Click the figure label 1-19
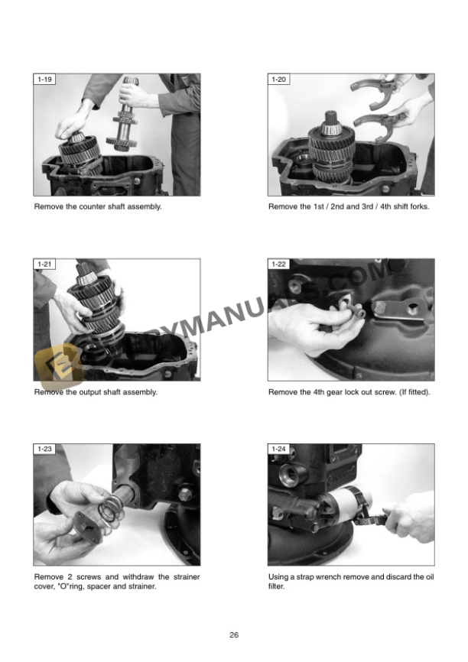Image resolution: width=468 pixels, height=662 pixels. (44, 80)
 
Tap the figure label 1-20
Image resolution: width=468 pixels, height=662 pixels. (279, 80)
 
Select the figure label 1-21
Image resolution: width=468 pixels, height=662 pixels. (44, 264)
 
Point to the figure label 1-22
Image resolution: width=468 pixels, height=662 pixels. (279, 264)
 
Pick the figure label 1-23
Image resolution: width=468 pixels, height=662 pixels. (44, 449)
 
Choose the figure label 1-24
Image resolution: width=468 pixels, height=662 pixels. (279, 449)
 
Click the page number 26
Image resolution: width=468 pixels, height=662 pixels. (234, 634)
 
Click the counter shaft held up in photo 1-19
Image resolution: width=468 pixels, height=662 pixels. (126, 115)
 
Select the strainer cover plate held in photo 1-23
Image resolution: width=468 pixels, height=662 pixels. (89, 526)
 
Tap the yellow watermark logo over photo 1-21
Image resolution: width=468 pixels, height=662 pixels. (59, 366)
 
